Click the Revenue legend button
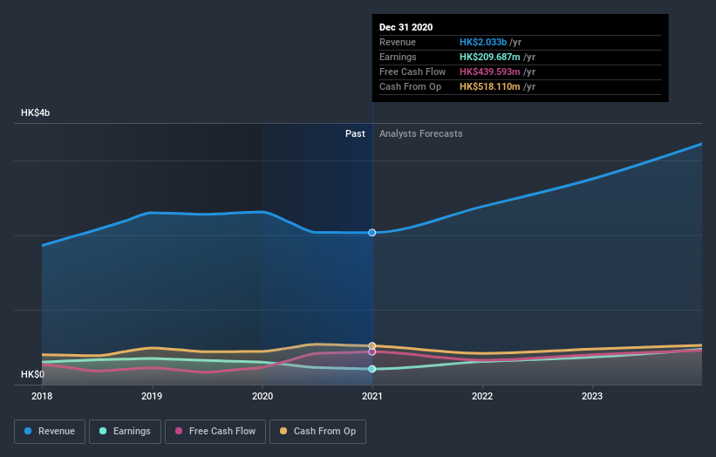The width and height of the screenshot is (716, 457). point(50,431)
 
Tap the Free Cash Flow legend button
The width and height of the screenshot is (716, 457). point(215,431)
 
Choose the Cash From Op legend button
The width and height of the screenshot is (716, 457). point(318,431)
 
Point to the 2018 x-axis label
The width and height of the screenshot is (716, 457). point(42,395)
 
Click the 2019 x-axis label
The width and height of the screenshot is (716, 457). point(152,395)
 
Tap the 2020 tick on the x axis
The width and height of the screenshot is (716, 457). point(263,395)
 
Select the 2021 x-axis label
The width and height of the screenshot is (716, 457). point(372,395)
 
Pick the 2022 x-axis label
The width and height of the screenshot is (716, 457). point(482,395)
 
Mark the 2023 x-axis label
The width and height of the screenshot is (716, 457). point(592,395)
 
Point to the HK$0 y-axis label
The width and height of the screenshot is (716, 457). point(33,374)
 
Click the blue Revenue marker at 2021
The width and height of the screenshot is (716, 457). point(372,233)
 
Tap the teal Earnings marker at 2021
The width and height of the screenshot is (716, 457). point(372,369)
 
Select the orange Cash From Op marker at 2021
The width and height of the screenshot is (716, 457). point(372,346)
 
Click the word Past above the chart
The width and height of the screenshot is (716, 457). point(355,133)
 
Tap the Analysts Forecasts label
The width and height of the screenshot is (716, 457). point(421,133)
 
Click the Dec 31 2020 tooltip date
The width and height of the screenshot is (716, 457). point(406,28)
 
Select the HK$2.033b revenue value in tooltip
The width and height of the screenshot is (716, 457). point(483,42)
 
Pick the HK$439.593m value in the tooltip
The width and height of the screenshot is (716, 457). point(490,72)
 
